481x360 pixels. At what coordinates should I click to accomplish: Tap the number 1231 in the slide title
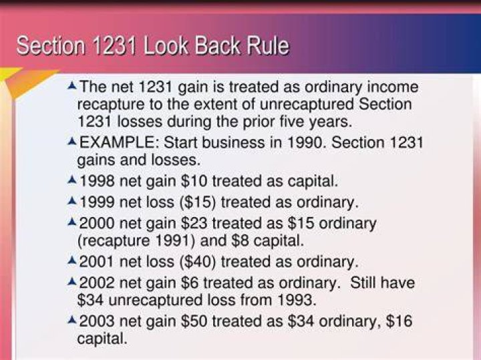point(114,46)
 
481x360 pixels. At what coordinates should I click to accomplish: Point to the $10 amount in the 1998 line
point(194,181)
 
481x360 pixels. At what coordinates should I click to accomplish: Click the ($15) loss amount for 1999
point(198,202)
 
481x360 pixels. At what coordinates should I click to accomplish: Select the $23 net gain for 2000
point(194,223)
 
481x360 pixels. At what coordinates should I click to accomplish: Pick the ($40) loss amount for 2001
point(198,262)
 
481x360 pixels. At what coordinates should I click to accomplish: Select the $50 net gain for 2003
point(194,321)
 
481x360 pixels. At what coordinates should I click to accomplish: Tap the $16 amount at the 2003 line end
point(399,321)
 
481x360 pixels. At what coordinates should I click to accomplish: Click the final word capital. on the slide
point(102,339)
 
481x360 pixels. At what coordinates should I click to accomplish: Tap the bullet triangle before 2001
point(71,260)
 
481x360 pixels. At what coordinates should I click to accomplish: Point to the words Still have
point(383,283)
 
